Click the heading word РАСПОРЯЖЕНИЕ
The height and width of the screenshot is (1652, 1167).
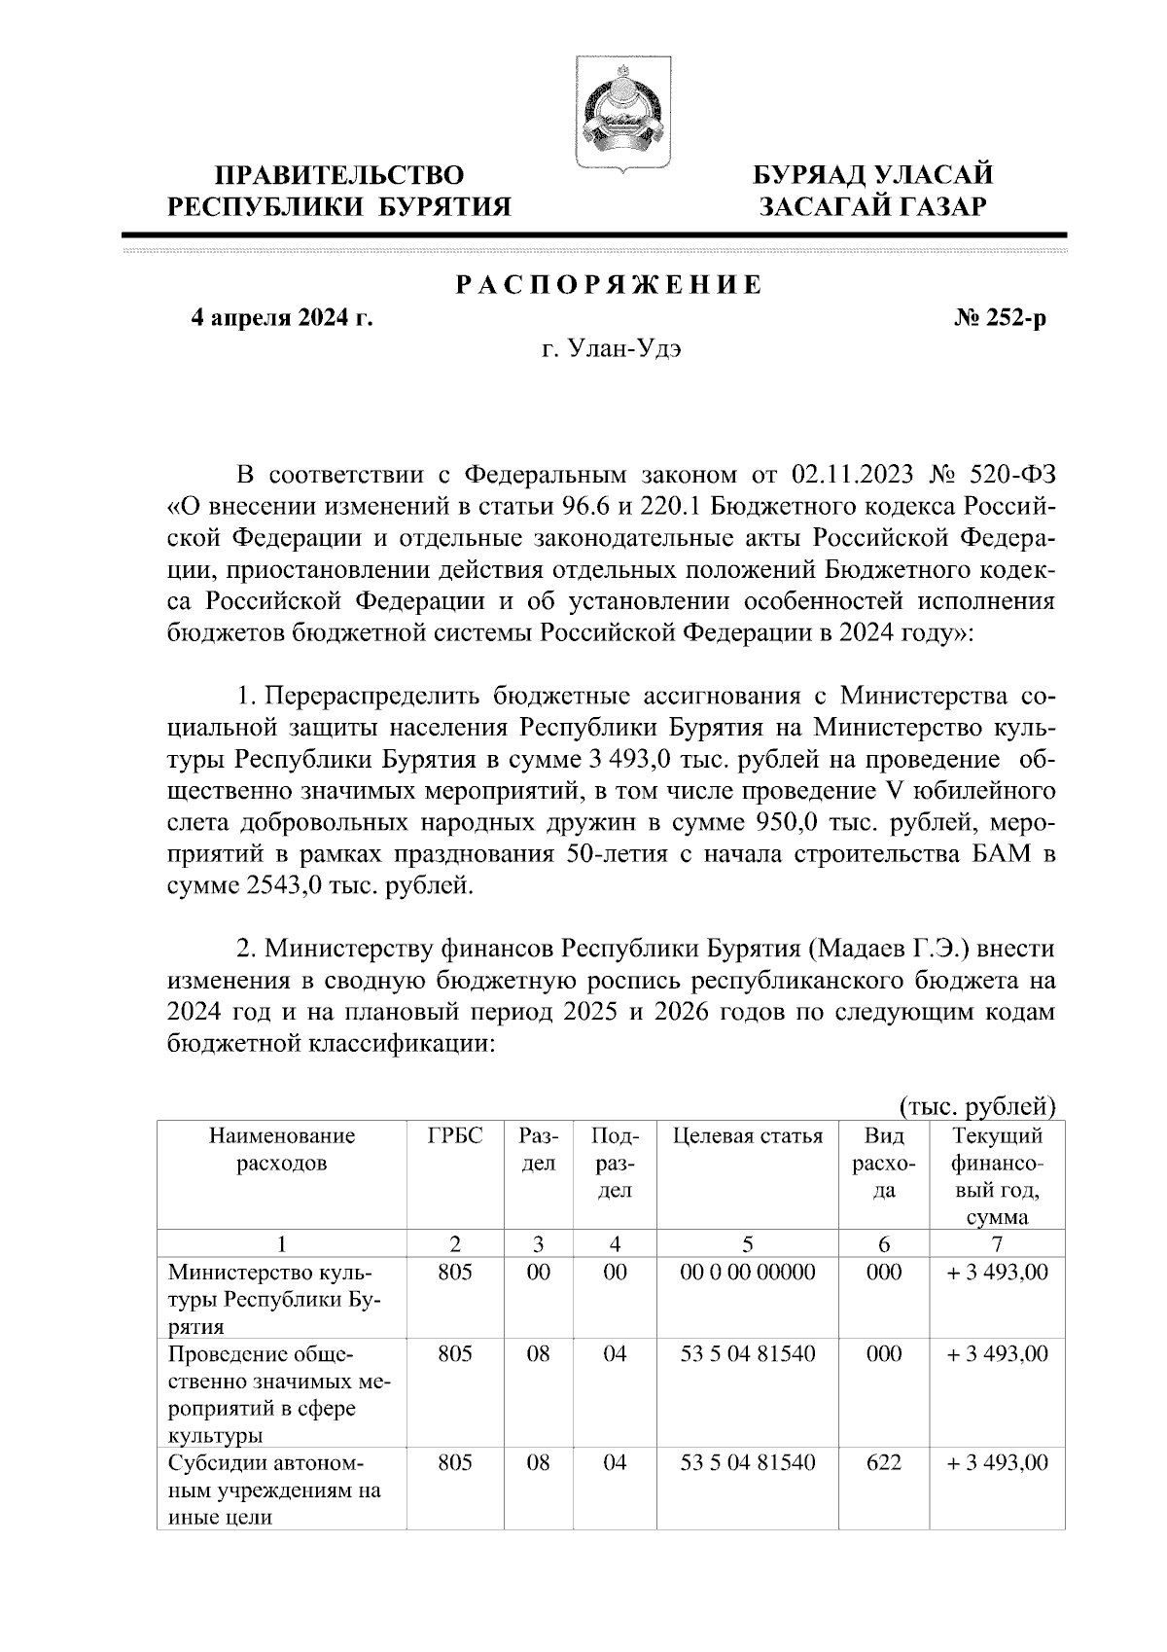click(609, 287)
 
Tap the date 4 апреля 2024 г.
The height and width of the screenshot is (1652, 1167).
click(282, 319)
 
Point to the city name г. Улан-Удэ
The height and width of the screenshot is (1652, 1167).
click(611, 350)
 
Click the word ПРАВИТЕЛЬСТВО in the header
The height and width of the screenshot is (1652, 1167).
click(339, 176)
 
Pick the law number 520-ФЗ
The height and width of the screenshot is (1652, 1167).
click(1012, 476)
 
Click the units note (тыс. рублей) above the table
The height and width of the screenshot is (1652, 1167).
click(974, 1106)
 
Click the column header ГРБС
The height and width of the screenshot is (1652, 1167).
click(455, 1136)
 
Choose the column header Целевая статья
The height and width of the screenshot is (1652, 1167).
click(747, 1136)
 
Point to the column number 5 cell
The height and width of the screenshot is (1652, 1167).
click(747, 1243)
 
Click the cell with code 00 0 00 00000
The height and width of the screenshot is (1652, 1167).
click(747, 1272)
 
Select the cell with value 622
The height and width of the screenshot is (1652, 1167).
click(883, 1462)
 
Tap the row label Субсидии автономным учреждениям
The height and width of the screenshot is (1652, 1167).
click(274, 1489)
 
